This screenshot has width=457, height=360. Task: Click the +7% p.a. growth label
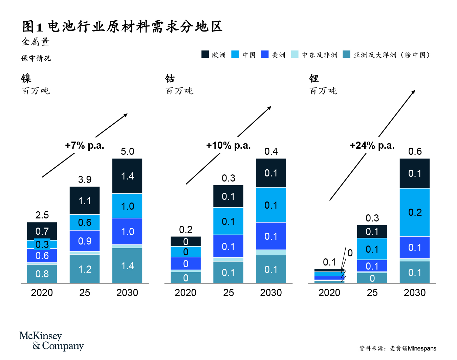[x=85, y=146]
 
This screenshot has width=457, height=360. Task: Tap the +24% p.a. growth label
[x=372, y=146]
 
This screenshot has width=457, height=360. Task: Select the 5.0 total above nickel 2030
[x=127, y=151]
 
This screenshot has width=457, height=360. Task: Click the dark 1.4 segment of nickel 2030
[x=127, y=176]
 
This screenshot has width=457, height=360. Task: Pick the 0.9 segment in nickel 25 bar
[x=85, y=241]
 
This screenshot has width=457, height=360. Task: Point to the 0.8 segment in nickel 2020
[x=42, y=274]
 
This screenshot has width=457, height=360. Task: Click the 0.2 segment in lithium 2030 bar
[x=415, y=212]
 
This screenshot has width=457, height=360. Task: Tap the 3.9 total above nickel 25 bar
[x=85, y=179]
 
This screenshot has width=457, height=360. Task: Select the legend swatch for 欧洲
[x=205, y=55]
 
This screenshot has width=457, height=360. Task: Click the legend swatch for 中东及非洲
[x=295, y=55]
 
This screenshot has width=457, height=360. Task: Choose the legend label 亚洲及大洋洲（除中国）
[x=391, y=55]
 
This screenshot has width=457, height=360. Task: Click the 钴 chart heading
[x=170, y=79]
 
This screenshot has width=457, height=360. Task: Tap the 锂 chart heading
[x=314, y=79]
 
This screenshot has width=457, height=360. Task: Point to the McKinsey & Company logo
[x=51, y=341]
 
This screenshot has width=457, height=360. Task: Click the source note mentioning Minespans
[x=398, y=348]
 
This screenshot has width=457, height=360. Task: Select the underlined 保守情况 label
[x=36, y=58]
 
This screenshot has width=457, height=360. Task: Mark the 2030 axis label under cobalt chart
[x=271, y=293]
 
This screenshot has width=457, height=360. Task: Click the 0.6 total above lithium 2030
[x=415, y=151]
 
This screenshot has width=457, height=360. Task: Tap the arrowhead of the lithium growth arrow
[x=413, y=92]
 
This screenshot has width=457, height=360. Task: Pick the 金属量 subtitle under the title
[x=36, y=42]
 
